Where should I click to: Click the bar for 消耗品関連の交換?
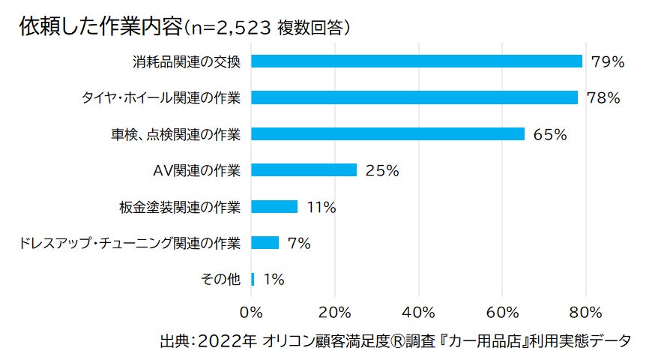click(x=416, y=61)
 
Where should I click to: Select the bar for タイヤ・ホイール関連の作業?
click(x=414, y=97)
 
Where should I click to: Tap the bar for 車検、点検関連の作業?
click(x=387, y=133)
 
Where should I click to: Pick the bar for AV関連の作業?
click(x=304, y=170)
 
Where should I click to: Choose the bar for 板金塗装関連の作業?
click(x=274, y=206)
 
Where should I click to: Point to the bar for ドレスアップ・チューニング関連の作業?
click(x=265, y=242)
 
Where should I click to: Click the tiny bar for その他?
click(x=253, y=279)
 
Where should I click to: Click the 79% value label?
click(x=607, y=61)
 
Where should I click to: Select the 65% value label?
click(x=550, y=134)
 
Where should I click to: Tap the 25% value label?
click(x=381, y=170)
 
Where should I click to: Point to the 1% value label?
click(x=274, y=279)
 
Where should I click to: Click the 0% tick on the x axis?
click(x=251, y=311)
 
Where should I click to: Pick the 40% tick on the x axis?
click(x=418, y=311)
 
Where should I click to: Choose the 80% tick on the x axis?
click(x=586, y=311)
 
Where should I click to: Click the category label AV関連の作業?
click(x=196, y=170)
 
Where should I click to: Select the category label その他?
click(x=221, y=279)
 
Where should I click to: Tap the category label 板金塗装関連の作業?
click(x=180, y=206)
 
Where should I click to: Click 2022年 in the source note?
click(x=226, y=340)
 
